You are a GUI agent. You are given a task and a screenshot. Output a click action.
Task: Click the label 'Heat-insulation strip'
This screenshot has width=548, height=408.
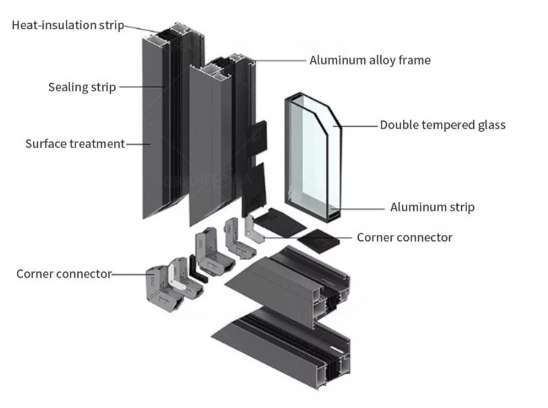point(68,25)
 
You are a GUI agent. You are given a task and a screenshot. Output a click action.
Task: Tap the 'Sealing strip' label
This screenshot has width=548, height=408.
point(82,87)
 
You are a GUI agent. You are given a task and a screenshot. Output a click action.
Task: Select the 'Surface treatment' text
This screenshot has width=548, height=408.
point(75,144)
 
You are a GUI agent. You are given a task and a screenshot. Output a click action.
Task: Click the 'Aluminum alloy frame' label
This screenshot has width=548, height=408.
point(370,60)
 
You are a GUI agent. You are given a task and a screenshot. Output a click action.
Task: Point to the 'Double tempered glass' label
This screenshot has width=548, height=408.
point(443,125)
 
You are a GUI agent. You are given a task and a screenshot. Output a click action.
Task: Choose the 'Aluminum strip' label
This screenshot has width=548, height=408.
point(432,207)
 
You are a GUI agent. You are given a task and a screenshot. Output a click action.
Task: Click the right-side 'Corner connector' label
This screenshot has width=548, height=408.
point(404,237)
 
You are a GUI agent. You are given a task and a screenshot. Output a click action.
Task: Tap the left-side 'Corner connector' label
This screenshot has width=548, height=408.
point(63,274)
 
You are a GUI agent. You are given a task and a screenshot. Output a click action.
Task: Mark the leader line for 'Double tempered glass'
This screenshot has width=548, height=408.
point(359,126)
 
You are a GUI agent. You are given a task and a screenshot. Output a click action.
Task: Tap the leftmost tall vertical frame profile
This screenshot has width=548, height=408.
point(157,126)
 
